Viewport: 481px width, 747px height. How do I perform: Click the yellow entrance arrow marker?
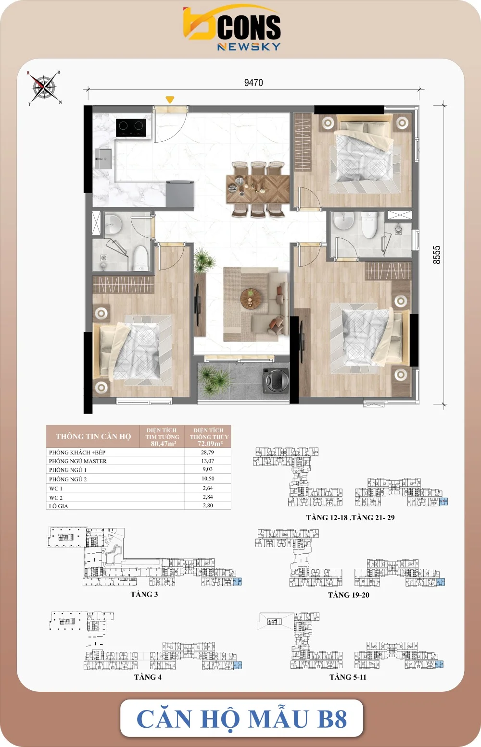point(170,99)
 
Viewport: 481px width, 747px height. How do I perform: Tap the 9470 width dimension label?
point(253,83)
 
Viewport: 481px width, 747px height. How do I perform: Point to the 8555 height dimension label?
point(437,255)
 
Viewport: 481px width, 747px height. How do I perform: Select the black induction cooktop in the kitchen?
point(131,128)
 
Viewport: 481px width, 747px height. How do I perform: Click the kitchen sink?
point(103,159)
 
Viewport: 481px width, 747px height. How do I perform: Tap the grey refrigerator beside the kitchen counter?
point(180,194)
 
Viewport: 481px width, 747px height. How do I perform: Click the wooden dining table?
point(258,189)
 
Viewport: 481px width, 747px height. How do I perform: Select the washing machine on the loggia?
point(276,380)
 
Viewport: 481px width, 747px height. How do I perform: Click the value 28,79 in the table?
point(207,452)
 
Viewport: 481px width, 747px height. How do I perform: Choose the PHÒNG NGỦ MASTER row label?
point(78,461)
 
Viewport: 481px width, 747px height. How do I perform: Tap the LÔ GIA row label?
point(58,506)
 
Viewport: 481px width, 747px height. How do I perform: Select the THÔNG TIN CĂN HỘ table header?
point(93,437)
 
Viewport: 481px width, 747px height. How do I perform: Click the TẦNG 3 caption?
point(144,594)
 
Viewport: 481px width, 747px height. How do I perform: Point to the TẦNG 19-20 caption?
point(348,595)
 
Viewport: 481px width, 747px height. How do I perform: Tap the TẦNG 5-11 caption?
point(348,677)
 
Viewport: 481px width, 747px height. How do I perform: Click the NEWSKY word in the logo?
point(249,47)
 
